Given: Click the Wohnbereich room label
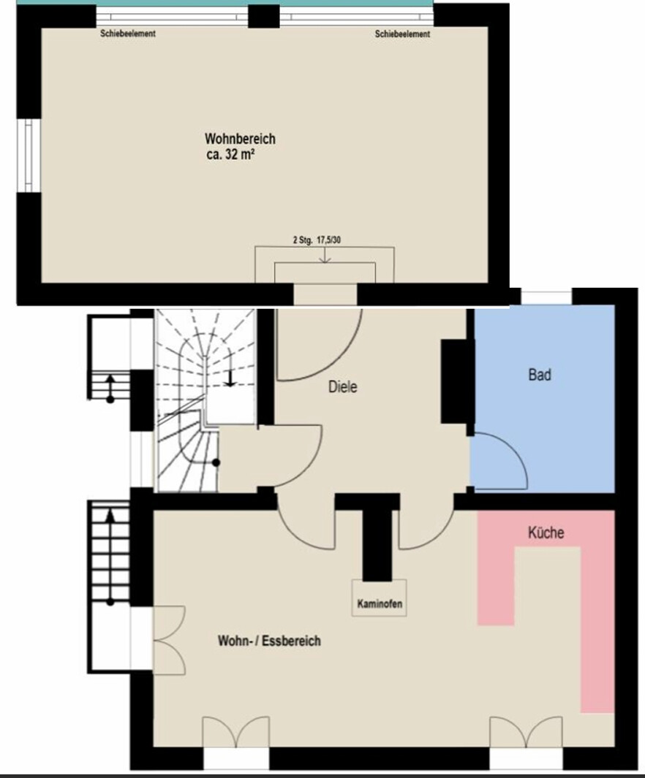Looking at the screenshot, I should pyautogui.click(x=240, y=139).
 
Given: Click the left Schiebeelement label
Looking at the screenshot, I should pyautogui.click(x=128, y=34).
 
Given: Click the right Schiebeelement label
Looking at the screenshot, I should pyautogui.click(x=402, y=34).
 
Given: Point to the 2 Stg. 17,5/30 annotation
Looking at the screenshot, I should pyautogui.click(x=316, y=239).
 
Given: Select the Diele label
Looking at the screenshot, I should pyautogui.click(x=342, y=388).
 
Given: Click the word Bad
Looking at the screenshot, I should pyautogui.click(x=540, y=375).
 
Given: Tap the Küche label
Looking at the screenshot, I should pyautogui.click(x=546, y=533).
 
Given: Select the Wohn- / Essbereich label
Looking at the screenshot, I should pyautogui.click(x=269, y=641).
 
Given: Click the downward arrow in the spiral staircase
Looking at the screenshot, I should pyautogui.click(x=230, y=378).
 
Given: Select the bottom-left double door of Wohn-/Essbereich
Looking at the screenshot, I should pyautogui.click(x=235, y=733).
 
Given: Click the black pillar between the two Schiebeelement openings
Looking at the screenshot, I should pyautogui.click(x=263, y=16).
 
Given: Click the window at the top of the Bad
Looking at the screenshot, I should pyautogui.click(x=546, y=297).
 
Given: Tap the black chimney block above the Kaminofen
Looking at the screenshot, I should pyautogui.click(x=378, y=541).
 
